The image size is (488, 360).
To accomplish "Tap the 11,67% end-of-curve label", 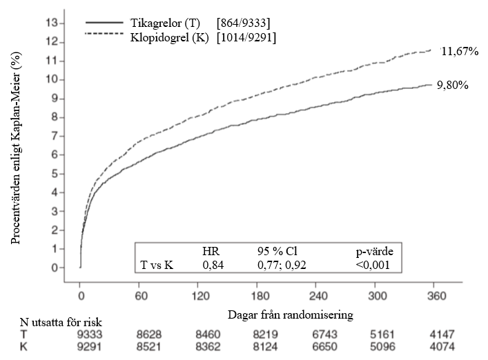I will point(460,52).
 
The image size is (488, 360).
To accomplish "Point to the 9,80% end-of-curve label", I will point(453,86).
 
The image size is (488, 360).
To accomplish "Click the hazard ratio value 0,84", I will point(213,263).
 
